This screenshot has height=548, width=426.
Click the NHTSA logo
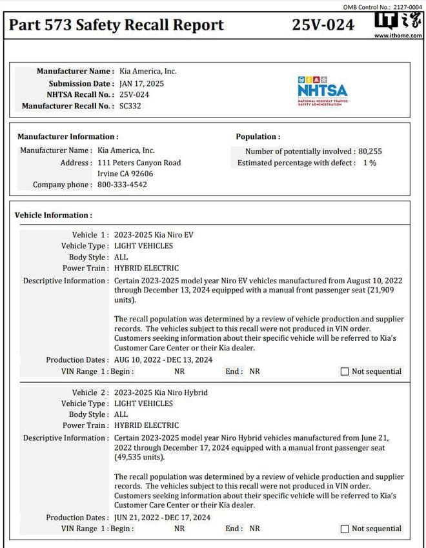tap(322, 91)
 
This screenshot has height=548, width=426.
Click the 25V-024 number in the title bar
tap(323, 25)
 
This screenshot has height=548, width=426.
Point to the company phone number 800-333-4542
tap(122, 185)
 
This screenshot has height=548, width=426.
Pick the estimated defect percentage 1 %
tap(369, 163)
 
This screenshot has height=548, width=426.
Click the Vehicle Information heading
tap(54, 215)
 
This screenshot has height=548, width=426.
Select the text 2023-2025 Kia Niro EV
tap(154, 234)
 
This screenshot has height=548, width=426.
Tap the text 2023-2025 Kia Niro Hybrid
tap(161, 392)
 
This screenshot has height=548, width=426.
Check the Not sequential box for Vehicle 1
tap(345, 371)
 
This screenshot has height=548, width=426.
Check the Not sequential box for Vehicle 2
tap(345, 529)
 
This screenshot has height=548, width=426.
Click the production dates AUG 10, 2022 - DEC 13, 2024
tap(163, 360)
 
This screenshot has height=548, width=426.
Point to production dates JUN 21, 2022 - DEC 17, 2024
tap(162, 517)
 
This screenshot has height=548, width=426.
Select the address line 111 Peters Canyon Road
tap(139, 163)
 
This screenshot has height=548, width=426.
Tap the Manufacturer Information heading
tap(68, 137)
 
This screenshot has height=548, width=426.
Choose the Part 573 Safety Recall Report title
tap(117, 25)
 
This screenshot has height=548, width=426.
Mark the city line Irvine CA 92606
tap(125, 174)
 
